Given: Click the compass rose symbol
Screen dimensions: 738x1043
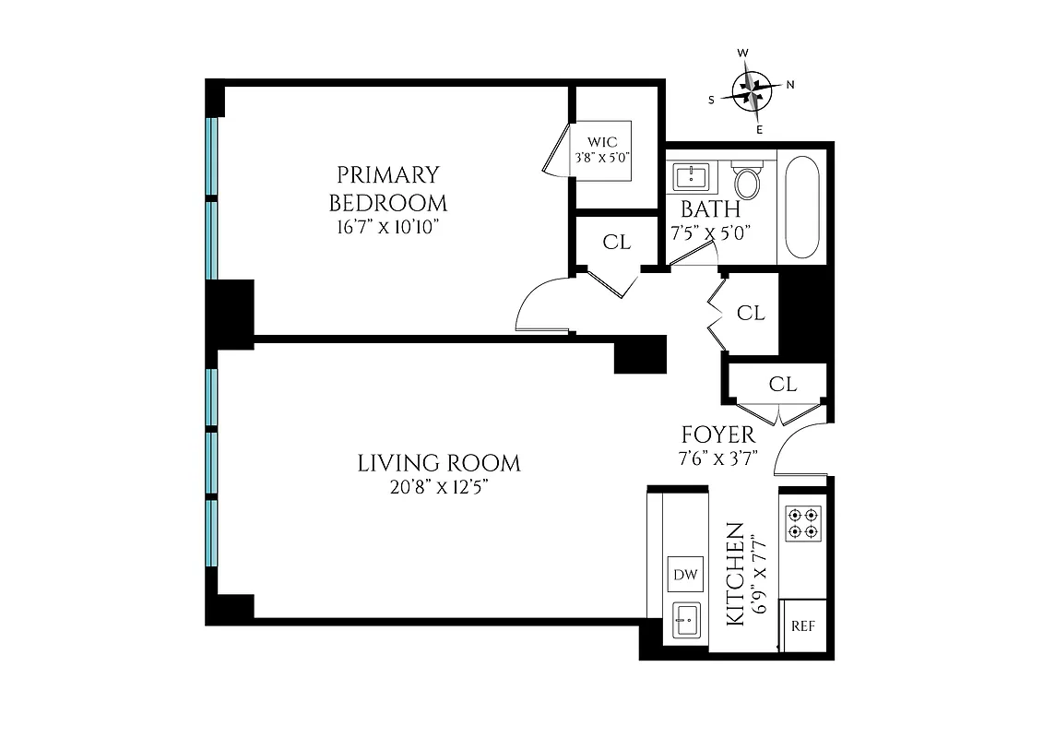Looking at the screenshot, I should [755, 91].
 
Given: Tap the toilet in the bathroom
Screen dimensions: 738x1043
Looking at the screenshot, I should [747, 180].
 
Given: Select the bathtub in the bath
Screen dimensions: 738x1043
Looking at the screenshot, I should [802, 208].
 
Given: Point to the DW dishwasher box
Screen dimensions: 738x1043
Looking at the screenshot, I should [684, 574].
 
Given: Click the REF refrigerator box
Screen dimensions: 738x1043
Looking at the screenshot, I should [803, 625].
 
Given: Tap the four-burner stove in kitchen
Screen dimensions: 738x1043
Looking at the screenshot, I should [801, 523].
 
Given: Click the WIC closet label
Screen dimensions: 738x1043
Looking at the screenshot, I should [602, 142].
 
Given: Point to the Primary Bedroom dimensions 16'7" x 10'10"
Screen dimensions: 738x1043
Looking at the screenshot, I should [388, 227].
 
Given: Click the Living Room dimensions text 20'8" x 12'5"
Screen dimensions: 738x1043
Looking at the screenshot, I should [438, 487].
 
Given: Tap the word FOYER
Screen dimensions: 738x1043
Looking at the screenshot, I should [717, 434].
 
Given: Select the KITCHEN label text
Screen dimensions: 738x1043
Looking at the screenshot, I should [736, 574].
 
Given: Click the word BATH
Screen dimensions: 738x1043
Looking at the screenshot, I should [710, 208].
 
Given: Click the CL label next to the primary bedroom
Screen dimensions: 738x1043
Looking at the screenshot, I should [616, 243].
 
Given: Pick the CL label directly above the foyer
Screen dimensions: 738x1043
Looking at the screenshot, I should [782, 384].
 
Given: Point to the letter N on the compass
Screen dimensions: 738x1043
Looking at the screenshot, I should [790, 85].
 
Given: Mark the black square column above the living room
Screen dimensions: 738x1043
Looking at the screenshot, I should [640, 355].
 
